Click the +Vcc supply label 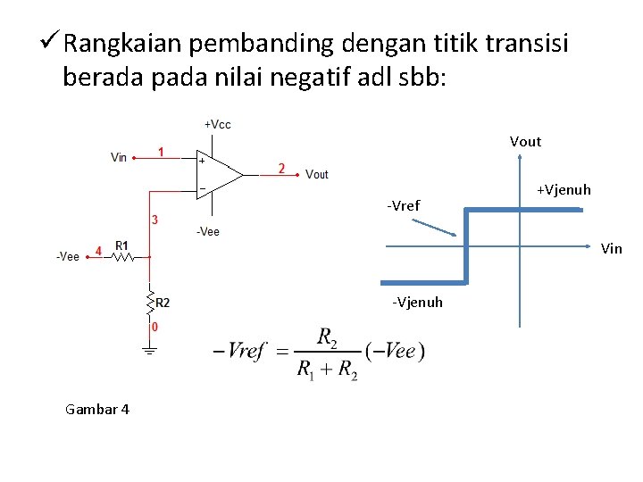click(217, 124)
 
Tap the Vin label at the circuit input click(119, 158)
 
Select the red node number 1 click(161, 152)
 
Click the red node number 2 click(282, 168)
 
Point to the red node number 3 click(154, 220)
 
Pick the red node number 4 click(99, 251)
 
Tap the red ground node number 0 click(154, 328)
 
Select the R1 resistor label click(121, 245)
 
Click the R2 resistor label click(163, 303)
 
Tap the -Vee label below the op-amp click(207, 232)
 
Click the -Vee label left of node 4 click(67, 257)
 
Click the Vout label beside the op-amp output click(317, 174)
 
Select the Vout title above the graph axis click(525, 141)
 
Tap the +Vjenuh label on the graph click(564, 190)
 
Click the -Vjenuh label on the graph click(417, 303)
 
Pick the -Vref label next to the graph click(404, 206)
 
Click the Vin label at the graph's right click(611, 249)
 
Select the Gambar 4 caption click(97, 409)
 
